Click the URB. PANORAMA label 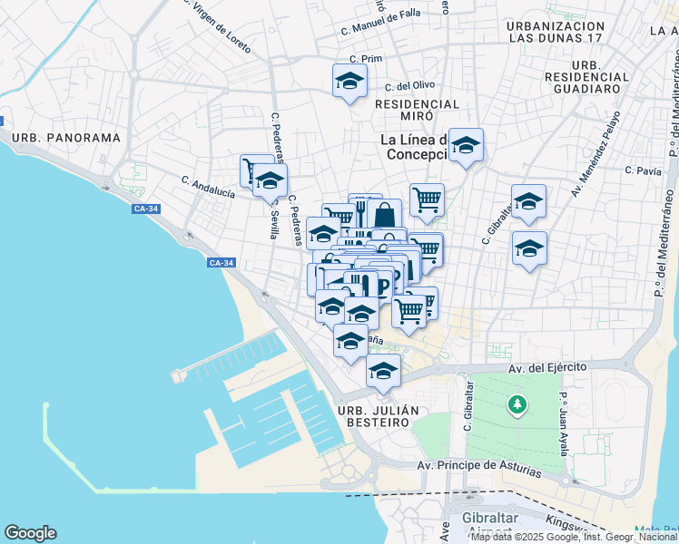(x=66, y=138)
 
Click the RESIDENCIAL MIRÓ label (x=418, y=104)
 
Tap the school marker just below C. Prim (x=349, y=82)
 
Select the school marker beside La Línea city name (x=466, y=146)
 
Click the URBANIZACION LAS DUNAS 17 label (x=556, y=33)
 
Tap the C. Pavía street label (x=643, y=170)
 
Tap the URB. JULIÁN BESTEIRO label (x=379, y=411)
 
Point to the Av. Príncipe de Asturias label (x=478, y=468)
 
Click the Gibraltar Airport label (x=489, y=525)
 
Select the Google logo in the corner (x=30, y=533)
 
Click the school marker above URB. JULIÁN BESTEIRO (x=383, y=371)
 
